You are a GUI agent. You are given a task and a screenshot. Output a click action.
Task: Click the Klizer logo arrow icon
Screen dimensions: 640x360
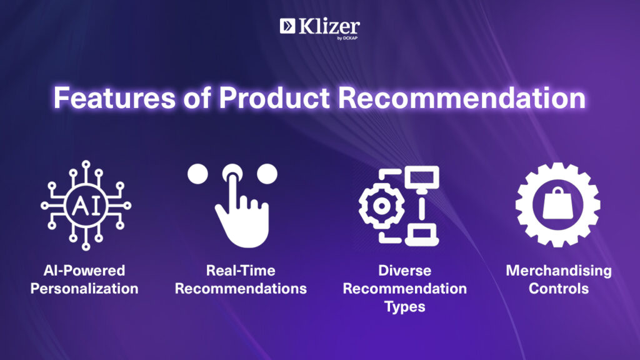click(287, 26)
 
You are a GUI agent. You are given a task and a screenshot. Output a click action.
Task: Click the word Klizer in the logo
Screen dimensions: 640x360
click(329, 26)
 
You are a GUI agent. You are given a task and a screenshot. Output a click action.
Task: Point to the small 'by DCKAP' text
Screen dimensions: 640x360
click(347, 38)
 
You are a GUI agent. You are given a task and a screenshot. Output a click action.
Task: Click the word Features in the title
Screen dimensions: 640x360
click(115, 98)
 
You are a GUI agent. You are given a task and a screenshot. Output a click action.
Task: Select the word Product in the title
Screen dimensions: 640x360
click(274, 98)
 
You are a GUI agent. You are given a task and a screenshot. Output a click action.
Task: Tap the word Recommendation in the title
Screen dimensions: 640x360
click(462, 98)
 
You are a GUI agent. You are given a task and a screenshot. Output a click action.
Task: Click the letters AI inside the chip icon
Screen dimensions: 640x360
click(86, 206)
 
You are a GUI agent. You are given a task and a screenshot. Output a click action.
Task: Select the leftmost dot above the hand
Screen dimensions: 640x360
click(198, 174)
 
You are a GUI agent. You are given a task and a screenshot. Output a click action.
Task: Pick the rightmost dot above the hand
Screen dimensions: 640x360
click(267, 174)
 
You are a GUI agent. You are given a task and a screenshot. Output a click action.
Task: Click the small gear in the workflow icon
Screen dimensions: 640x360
click(381, 206)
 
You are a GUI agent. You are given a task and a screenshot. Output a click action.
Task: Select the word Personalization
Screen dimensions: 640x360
click(84, 289)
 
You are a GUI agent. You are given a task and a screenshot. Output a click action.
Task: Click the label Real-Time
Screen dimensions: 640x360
click(241, 270)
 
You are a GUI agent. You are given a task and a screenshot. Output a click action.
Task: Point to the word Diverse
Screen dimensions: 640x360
click(404, 270)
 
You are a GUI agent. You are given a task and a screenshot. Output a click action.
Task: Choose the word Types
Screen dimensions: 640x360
click(404, 307)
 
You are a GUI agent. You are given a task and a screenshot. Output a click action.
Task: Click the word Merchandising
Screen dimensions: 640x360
click(559, 271)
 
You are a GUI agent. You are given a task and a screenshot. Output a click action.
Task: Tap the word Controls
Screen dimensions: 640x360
click(558, 289)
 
